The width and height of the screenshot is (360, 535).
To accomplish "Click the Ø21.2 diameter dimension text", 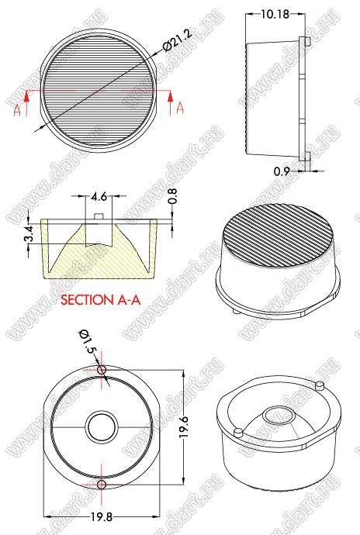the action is (178, 40).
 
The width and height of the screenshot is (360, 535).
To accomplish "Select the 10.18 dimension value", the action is (275, 14).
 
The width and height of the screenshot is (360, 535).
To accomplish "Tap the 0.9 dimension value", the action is (282, 171).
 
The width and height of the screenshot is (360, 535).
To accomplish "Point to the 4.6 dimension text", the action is (99, 196).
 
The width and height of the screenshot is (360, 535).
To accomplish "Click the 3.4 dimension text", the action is (29, 233).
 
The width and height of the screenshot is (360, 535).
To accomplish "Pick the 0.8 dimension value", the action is (173, 196).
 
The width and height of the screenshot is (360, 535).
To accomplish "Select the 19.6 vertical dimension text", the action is (184, 427).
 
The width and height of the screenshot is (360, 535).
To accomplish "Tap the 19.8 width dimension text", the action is (102, 517).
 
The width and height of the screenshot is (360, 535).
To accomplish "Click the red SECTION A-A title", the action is (100, 299).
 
